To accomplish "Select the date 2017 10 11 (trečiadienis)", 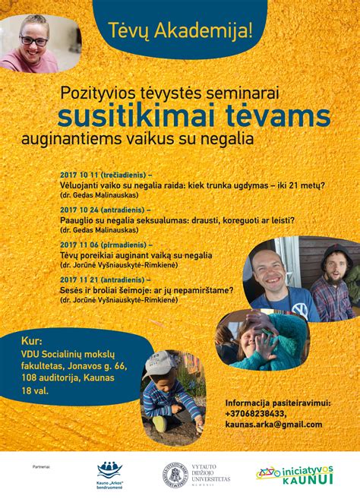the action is pos(103,175).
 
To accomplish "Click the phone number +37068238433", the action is pos(256,413).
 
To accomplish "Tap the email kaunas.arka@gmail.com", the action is pos(273,424).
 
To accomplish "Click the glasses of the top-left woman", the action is pos(33,40).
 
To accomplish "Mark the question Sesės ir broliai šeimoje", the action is pos(115,290).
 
